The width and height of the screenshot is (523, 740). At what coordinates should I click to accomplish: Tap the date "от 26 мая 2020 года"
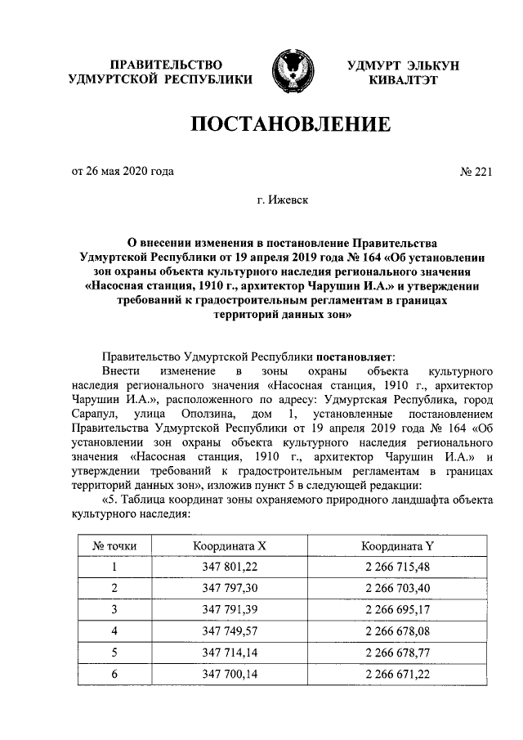pos(123,172)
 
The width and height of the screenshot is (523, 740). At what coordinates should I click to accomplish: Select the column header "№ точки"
pos(114,545)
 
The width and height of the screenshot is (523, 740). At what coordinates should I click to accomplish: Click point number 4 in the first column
pos(114,630)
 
